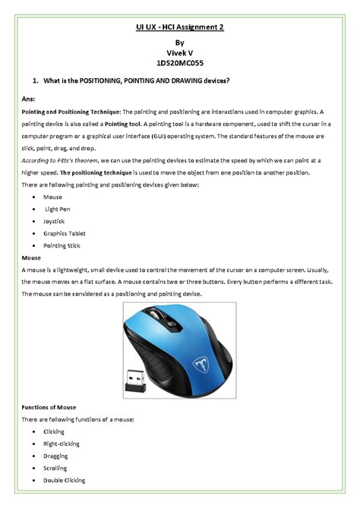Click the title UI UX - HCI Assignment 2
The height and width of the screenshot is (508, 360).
pyautogui.click(x=179, y=27)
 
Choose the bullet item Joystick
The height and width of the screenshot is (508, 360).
pyautogui.click(x=55, y=221)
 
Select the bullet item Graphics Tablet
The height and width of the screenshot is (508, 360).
pyautogui.click(x=65, y=233)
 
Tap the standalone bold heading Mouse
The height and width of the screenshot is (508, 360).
pyautogui.click(x=31, y=258)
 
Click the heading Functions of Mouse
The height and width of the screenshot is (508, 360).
pyautogui.click(x=49, y=407)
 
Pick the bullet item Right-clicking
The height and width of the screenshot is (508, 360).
pyautogui.click(x=62, y=443)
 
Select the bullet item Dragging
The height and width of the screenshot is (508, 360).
pyautogui.click(x=55, y=456)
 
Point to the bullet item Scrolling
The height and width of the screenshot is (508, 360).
pyautogui.click(x=55, y=468)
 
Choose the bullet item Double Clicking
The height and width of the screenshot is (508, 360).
pyautogui.click(x=65, y=480)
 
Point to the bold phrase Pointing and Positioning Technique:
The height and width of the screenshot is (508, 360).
pyautogui.click(x=71, y=112)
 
